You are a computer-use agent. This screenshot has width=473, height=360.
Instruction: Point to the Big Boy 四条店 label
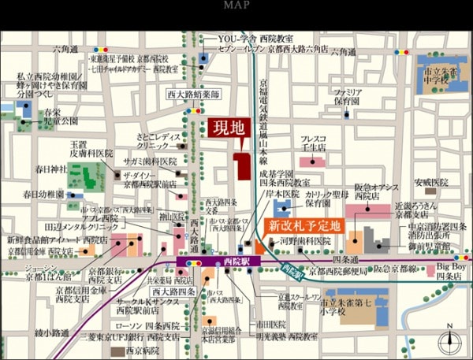click(x=450, y=273)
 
